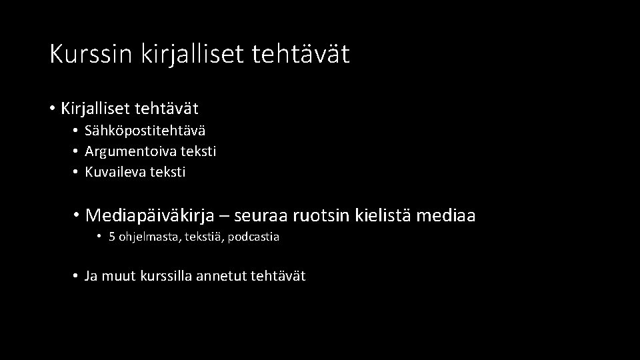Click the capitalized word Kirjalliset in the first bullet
coord(97,107)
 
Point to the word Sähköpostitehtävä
coord(145,131)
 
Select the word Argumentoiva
coord(125,151)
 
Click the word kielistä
coord(387,216)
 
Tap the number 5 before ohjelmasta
coord(112,237)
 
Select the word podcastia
coord(253,237)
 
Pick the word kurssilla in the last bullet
coord(167,276)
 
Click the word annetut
coord(223,276)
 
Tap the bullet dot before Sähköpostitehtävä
coord(77,131)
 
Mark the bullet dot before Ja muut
coord(77,276)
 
